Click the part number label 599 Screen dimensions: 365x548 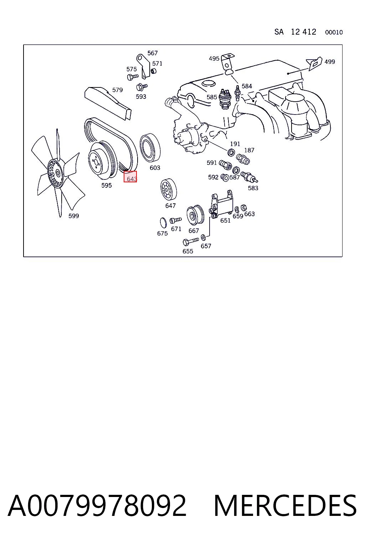tap(73, 216)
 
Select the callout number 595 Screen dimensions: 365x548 tap(106, 185)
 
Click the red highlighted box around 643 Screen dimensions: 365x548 tap(130, 177)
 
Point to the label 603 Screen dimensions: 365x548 tap(155, 168)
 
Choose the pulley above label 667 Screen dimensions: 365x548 tap(195, 215)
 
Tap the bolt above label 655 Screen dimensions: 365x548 tap(191, 242)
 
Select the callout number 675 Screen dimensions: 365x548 tap(162, 233)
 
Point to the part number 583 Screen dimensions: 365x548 tap(253, 188)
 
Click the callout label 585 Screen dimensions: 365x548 tap(212, 97)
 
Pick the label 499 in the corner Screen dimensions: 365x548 tap(330, 62)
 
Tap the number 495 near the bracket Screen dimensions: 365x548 tap(214, 59)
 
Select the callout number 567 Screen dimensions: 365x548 tap(153, 53)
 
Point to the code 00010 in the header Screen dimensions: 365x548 tap(334, 32)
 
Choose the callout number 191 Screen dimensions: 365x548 tap(235, 144)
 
